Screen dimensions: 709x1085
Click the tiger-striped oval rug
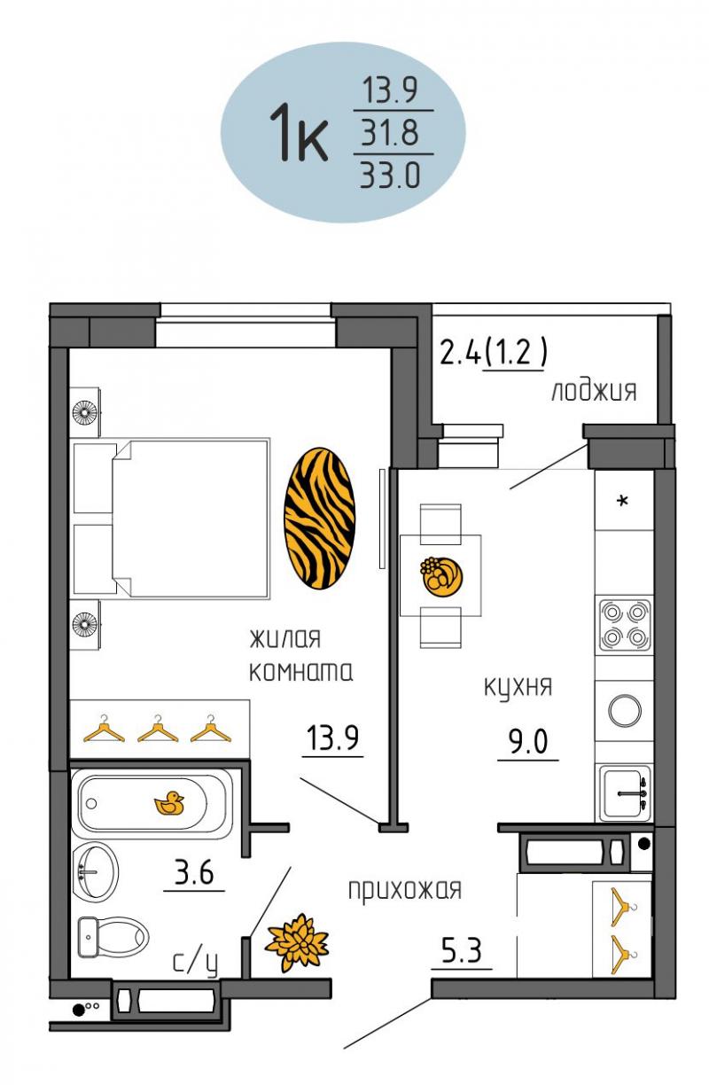319,518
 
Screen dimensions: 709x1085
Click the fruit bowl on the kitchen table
440,576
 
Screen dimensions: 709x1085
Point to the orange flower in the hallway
297,943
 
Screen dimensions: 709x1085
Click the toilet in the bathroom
113,936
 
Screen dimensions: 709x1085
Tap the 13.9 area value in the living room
332,738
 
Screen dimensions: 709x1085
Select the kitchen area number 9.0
528,742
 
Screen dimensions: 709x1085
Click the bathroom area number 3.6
194,874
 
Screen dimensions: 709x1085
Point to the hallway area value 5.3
461,951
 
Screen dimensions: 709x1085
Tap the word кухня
518,688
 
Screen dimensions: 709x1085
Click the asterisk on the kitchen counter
623,500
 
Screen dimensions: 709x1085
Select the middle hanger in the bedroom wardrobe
158,728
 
